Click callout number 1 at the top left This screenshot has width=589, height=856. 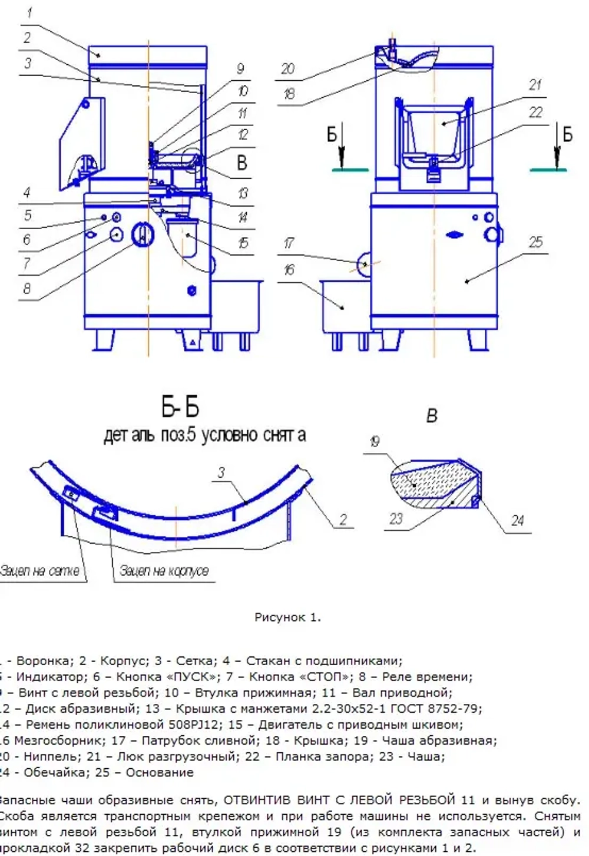click(x=29, y=12)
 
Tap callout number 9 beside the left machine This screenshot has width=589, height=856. click(x=240, y=68)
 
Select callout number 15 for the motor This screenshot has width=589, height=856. click(x=243, y=243)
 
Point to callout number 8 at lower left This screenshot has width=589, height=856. click(x=27, y=289)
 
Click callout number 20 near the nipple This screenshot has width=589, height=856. click(x=287, y=69)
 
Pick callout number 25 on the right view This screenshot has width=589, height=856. click(x=535, y=242)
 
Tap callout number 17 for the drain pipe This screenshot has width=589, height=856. click(x=288, y=243)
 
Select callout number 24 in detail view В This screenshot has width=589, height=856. click(x=517, y=520)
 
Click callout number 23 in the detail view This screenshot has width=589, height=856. click(x=395, y=518)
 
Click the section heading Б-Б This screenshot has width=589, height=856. click(x=180, y=407)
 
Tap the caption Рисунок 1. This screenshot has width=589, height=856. click(x=287, y=617)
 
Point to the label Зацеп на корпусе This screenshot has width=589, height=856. click(x=164, y=571)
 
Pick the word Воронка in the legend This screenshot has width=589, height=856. click(x=40, y=661)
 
